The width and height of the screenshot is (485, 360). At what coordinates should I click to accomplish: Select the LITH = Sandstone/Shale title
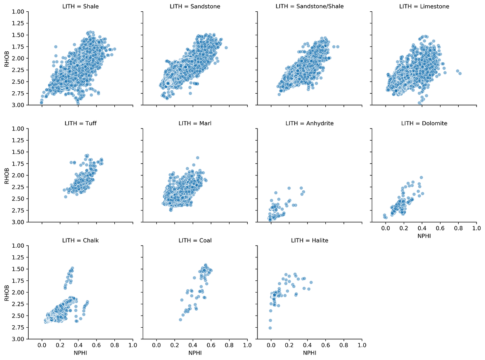coord(310,6)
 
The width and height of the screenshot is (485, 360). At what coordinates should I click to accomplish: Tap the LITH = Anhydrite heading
coord(310,123)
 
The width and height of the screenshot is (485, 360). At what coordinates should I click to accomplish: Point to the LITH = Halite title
coord(310,240)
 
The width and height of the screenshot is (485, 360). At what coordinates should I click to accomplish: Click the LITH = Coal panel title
coord(195,240)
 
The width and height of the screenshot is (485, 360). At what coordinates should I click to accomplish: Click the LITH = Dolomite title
coord(424,123)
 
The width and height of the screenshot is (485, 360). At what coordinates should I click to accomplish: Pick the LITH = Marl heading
coord(195,123)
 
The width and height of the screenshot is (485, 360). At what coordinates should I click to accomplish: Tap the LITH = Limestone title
coord(424,6)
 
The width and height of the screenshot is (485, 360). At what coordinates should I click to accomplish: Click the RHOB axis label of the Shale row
coord(6,58)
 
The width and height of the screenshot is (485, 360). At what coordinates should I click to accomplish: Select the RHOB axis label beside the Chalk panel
coord(6,292)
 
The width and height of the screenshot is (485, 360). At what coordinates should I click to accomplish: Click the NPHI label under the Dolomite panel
coord(424,236)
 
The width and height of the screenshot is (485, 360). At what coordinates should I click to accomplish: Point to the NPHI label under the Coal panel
coord(195,353)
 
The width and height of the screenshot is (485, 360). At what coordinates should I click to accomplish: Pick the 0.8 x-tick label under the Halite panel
coord(344,346)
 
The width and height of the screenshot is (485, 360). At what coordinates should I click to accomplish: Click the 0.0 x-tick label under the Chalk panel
coord(42,346)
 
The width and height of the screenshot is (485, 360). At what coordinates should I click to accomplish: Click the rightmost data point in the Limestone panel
coord(460,73)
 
